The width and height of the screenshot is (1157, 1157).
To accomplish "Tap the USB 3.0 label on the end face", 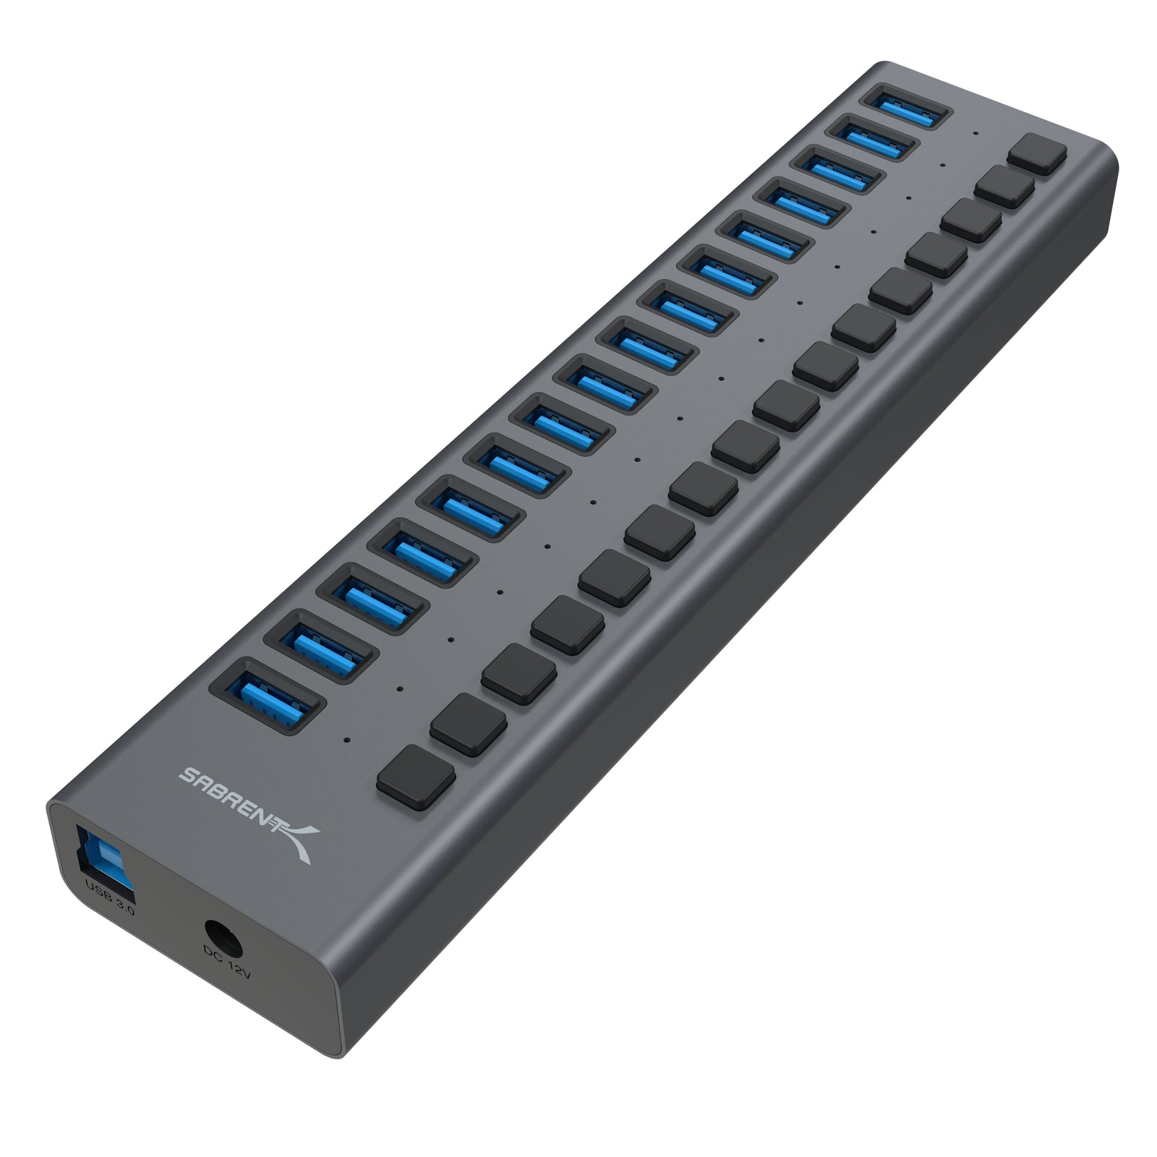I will tap(109, 896).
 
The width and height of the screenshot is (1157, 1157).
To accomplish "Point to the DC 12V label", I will tap(227, 962).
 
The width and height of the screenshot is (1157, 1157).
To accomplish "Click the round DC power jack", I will tap(222, 932).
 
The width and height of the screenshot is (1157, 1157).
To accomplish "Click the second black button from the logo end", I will tap(468, 724).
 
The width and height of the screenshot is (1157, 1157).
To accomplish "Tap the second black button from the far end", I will tap(1004, 187).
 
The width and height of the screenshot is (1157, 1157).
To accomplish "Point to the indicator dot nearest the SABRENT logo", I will tap(349, 740).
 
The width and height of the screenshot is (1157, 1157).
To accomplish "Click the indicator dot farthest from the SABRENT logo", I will tap(976, 133).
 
